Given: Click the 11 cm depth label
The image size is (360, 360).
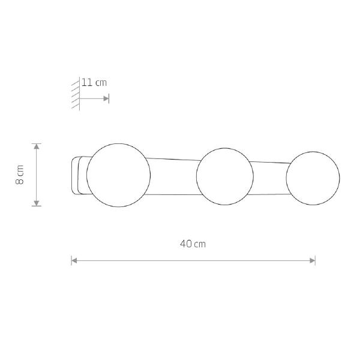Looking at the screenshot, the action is [x=94, y=83].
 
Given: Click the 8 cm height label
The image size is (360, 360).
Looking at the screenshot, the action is [x=20, y=175].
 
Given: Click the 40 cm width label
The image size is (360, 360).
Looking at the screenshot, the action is [x=193, y=244].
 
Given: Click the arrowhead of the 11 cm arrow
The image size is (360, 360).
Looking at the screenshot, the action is [x=106, y=99].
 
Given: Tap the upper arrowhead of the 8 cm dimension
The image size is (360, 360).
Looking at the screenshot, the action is [x=37, y=146].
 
